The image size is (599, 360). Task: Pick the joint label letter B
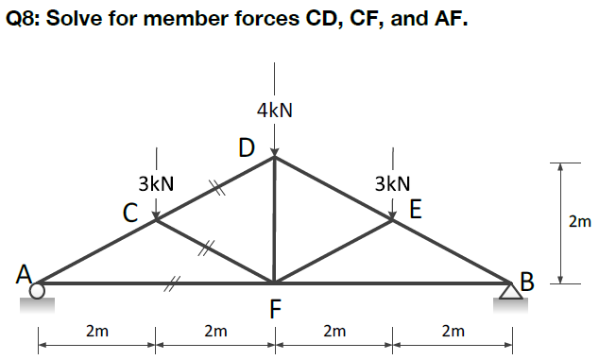tap(526, 280)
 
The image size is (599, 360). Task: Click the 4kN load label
tap(274, 110)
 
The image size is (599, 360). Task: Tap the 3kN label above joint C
tap(155, 182)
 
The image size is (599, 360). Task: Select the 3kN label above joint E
tap(391, 182)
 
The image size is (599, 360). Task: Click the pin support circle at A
tap(37, 292)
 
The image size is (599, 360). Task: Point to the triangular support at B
tap(511, 291)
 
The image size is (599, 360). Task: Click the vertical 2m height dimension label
tap(579, 223)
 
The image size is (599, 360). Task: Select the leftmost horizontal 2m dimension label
tap(95, 331)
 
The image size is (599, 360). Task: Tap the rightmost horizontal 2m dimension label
tap(453, 331)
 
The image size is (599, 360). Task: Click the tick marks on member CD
tap(216, 189)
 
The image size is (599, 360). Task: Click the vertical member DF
tap(274, 222)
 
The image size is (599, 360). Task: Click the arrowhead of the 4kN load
tap(274, 151)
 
